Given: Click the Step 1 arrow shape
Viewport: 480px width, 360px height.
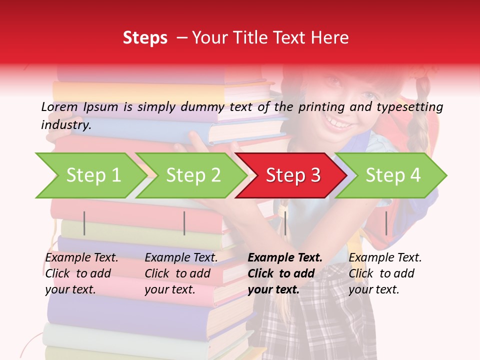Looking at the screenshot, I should [90, 175].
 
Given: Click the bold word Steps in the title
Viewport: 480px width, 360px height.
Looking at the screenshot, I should [145, 38].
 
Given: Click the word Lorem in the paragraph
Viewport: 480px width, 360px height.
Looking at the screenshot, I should [59, 107].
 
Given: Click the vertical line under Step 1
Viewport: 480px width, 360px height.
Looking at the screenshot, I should [84, 223].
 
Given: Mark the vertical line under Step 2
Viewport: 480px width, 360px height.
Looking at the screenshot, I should [184, 223].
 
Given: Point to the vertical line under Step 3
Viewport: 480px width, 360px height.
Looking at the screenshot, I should [285, 223].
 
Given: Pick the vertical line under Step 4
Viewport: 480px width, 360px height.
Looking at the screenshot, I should [386, 223].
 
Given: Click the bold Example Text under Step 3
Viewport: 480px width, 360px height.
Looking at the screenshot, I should [285, 257].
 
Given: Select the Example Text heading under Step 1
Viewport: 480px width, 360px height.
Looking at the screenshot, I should [82, 257].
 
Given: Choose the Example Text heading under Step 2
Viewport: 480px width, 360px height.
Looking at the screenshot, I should [181, 257].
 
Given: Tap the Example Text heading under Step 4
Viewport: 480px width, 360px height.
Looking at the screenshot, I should [385, 257].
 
